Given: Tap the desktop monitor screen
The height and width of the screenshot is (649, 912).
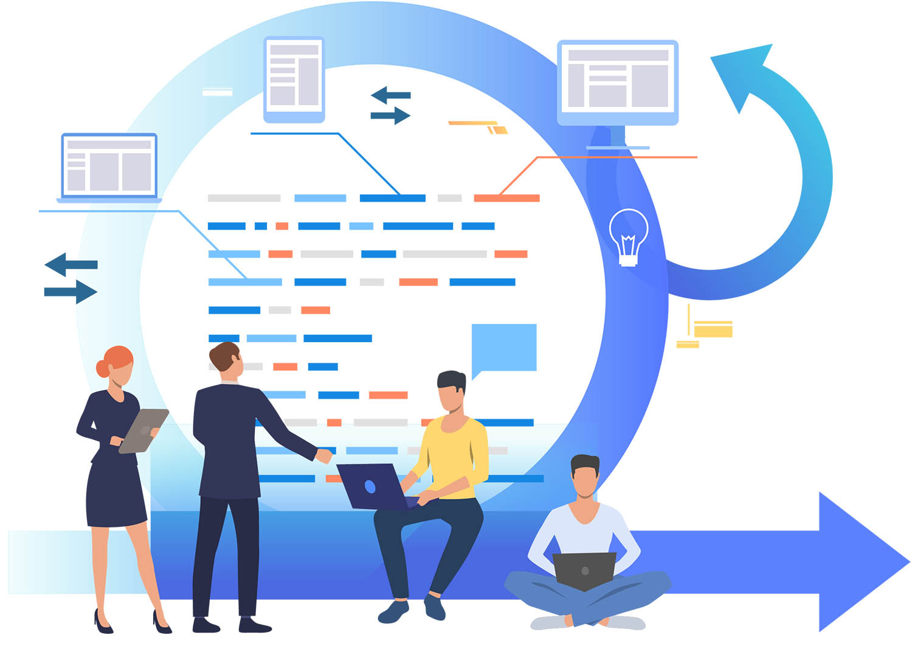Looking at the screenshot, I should coord(618,79).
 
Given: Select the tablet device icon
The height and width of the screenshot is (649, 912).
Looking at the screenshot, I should coord(294,79).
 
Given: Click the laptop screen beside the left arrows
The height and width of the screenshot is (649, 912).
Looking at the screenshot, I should coord(109,165).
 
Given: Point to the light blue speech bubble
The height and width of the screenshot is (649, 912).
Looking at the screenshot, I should coord(504,348).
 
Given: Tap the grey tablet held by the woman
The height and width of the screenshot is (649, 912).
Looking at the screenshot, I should coord(143,430).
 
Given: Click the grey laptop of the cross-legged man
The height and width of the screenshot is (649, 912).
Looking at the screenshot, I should coord(584,570).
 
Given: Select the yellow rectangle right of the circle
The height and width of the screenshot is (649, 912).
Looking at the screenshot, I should coord(713,331).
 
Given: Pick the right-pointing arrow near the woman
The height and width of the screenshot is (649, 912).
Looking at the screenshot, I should coord(72,292).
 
